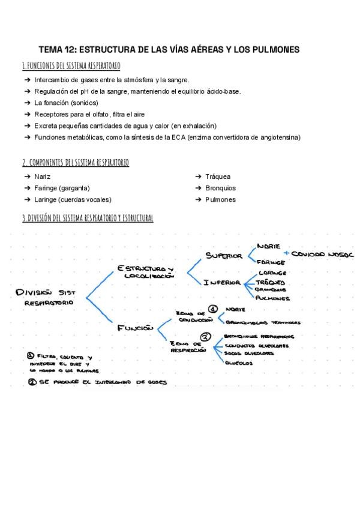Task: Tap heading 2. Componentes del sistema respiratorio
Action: click(x=75, y=162)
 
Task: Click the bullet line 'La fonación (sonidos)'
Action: click(x=70, y=103)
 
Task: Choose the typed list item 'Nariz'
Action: click(x=43, y=176)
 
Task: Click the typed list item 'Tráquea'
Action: click(x=218, y=176)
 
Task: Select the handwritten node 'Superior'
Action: click(x=224, y=256)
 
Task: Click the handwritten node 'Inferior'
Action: click(x=222, y=283)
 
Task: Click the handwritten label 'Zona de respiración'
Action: click(x=188, y=346)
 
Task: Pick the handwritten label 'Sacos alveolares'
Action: click(x=249, y=354)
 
